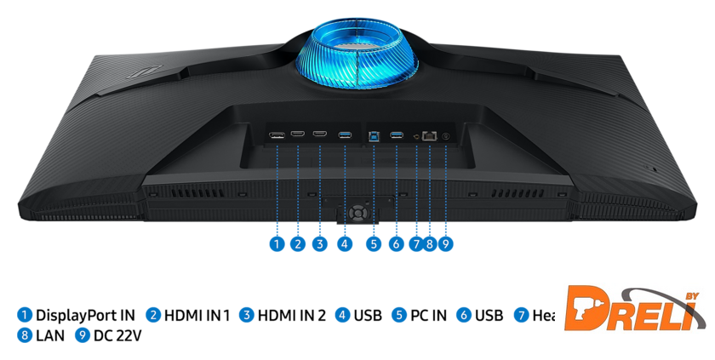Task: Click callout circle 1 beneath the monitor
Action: coord(276,244)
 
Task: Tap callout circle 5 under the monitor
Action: coord(374,244)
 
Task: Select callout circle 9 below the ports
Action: coord(445,244)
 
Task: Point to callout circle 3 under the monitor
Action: coord(319,244)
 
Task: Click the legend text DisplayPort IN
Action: coord(85,316)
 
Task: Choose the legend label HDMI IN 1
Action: coord(197,316)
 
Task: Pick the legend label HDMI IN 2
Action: coord(292,316)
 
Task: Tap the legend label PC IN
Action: coord(428,316)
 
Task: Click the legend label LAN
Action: coord(50,336)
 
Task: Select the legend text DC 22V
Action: coord(118,336)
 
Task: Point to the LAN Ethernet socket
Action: coord(430,134)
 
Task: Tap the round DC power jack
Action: coord(445,134)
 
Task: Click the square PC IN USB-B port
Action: coord(374,134)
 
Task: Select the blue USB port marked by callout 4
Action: coord(345,134)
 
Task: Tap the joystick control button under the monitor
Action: coord(358,209)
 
